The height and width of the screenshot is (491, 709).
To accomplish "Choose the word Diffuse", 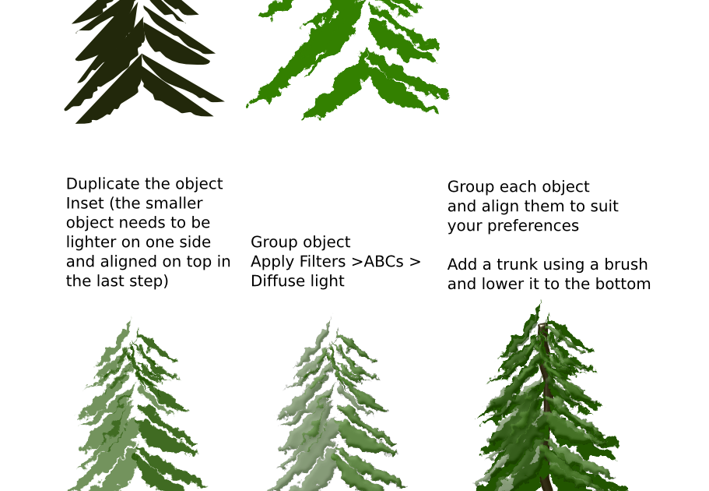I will pos(273,281).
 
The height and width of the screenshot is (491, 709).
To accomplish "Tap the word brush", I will pos(625,265).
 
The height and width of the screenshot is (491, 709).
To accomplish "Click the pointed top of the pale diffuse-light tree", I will pos(331,320).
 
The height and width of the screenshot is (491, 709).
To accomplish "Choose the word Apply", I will pos(270,262).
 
